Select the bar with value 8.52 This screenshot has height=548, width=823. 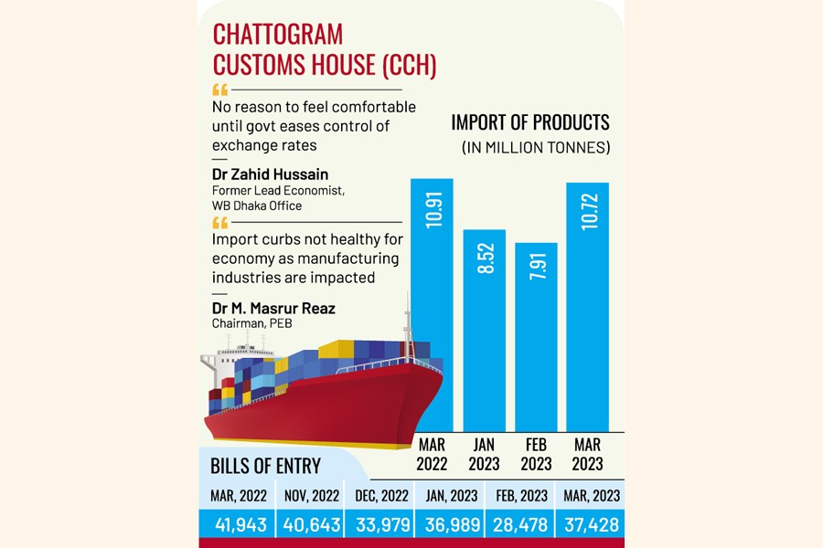click(x=484, y=329)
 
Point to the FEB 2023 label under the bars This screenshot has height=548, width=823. click(x=536, y=454)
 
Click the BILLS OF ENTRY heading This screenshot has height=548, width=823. click(x=265, y=466)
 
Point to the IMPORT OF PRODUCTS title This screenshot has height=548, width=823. click(x=530, y=122)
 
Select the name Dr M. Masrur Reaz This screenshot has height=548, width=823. click(x=273, y=309)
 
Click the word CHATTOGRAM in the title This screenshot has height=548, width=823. click(x=278, y=36)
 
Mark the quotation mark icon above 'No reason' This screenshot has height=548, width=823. click(x=219, y=90)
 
